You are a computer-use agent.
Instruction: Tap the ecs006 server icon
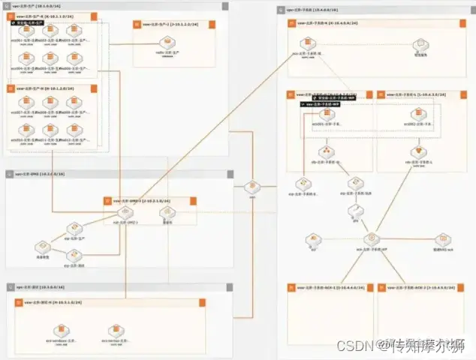73,58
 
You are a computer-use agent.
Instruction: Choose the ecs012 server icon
73,131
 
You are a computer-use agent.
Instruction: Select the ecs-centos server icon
113,330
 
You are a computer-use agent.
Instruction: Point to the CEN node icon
253,187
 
